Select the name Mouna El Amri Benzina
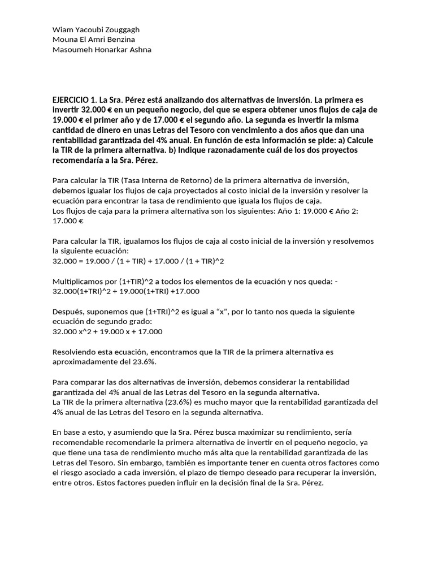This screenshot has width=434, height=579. coord(93,39)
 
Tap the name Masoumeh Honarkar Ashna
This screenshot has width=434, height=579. coord(101,49)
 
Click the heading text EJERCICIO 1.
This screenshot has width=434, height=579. coord(74,100)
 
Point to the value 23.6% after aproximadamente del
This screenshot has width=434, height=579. coord(145,362)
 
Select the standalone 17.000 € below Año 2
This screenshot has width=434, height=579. coord(67,221)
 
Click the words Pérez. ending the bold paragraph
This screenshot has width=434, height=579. coord(145,161)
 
